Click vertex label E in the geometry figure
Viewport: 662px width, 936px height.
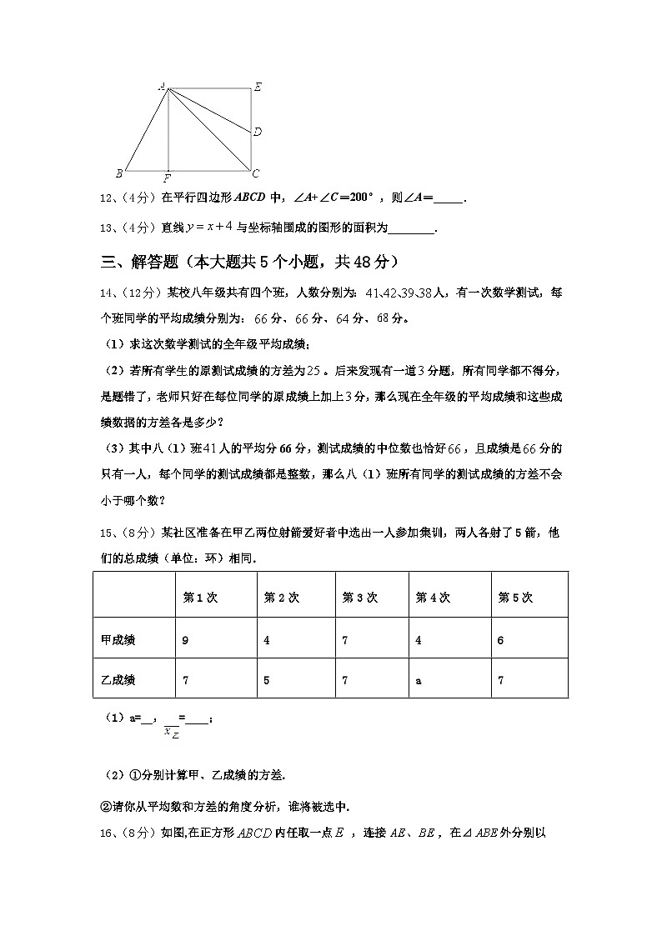pos(258,87)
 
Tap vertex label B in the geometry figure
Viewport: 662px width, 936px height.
pos(119,173)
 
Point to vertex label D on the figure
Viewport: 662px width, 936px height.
pos(258,132)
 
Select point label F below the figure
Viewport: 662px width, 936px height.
pos(168,178)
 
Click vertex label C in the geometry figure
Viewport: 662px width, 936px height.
pos(256,173)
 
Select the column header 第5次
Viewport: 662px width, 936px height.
pos(514,598)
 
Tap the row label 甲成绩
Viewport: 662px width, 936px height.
pos(117,640)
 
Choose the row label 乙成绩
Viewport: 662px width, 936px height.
pos(117,680)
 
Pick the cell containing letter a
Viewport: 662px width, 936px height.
pos(419,681)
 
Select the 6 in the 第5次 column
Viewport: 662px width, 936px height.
pos(500,640)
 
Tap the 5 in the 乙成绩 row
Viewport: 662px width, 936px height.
pos(267,680)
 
